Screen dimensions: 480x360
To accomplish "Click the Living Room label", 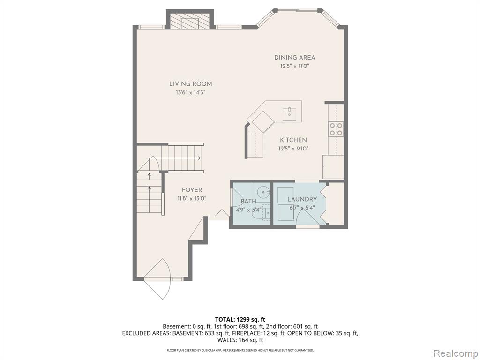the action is tap(190, 84).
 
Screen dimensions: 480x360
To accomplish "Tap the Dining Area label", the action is tap(294, 58).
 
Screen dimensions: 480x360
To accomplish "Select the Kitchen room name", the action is tap(293, 140).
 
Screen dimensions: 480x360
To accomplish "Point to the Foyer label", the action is tap(192, 190).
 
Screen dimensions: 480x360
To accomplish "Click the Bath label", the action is tap(248, 202).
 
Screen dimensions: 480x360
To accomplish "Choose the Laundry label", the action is tap(302, 199).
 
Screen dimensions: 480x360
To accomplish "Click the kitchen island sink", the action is tap(289, 114).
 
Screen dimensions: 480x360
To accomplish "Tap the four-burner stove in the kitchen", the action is tap(336, 129).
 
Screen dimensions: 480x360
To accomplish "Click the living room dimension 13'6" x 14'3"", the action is tap(190, 92).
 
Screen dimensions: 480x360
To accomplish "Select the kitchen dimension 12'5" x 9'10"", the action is tap(293, 149).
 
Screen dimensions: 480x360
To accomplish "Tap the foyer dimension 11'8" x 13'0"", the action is tap(192, 198).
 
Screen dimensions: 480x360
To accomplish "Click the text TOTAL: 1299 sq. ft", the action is tap(240, 320).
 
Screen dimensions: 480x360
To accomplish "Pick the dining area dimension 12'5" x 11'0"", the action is tap(294, 66).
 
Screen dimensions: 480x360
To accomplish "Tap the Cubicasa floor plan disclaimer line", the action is tap(240, 350).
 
